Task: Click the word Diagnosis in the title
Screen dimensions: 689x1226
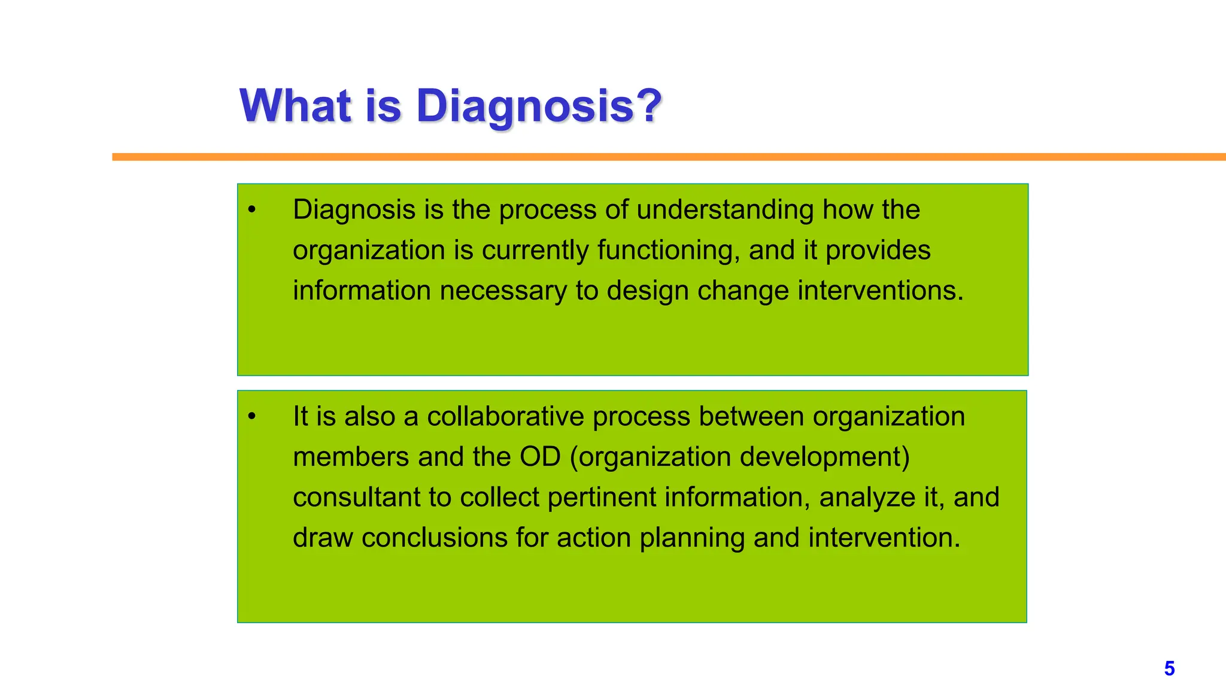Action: [x=524, y=106]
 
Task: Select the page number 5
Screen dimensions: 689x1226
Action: [x=1169, y=669]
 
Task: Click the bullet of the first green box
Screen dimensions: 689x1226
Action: [x=252, y=210]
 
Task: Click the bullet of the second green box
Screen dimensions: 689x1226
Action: [x=252, y=417]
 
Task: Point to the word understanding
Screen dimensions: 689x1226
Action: [x=724, y=210]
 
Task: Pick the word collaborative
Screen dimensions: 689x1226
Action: [x=505, y=417]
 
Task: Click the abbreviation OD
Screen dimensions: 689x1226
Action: [x=540, y=458]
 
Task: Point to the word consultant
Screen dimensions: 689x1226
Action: [x=356, y=498]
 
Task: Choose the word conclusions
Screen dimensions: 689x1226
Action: [x=435, y=538]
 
